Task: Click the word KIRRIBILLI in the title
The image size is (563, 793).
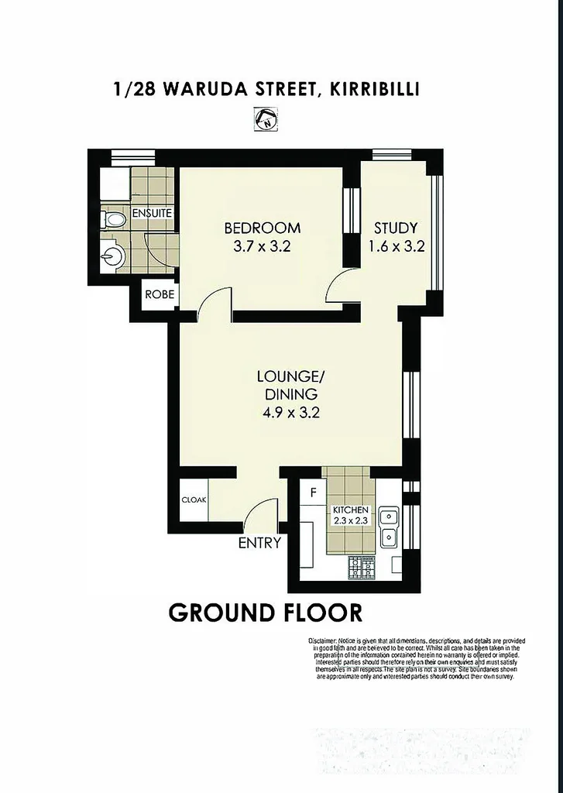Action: (x=374, y=89)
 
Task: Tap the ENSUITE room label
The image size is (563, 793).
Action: (x=151, y=212)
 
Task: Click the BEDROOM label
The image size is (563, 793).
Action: (x=262, y=228)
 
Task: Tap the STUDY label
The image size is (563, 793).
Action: (x=396, y=228)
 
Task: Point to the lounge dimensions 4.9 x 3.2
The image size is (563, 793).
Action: (x=290, y=412)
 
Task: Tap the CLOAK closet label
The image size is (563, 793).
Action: (x=194, y=500)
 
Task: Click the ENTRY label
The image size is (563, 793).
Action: (x=259, y=543)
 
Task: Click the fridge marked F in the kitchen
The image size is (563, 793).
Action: (x=314, y=492)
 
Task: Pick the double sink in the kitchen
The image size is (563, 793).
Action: (x=389, y=526)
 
